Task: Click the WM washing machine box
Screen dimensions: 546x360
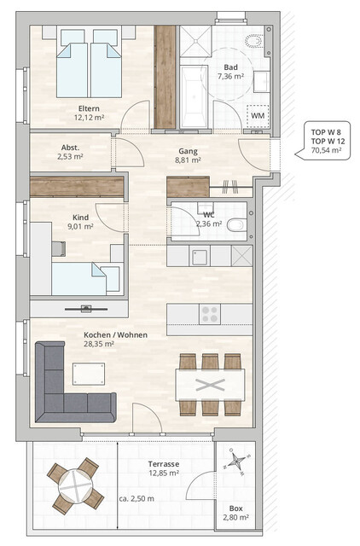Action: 257,114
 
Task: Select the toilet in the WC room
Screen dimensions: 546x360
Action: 238,224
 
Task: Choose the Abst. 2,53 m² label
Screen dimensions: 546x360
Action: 71,152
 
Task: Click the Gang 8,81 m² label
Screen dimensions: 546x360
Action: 187,154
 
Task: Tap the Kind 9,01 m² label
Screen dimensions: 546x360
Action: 80,222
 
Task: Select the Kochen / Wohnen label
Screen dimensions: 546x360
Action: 115,340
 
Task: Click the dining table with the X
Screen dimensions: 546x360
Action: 209,383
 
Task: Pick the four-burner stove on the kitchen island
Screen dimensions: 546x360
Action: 209,315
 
